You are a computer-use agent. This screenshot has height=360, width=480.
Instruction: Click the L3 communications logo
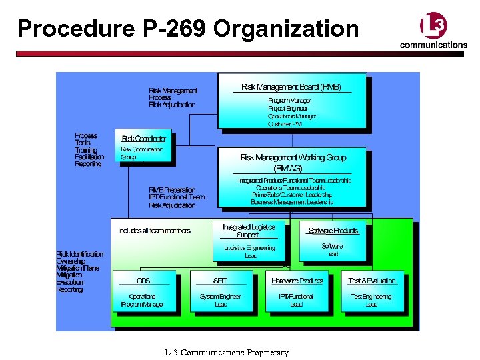coord(433,32)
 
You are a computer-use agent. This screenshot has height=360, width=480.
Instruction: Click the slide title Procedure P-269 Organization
coord(188,29)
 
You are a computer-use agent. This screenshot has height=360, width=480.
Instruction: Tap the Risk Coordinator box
coord(143,147)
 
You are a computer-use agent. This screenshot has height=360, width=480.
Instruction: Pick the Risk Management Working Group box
coord(292,176)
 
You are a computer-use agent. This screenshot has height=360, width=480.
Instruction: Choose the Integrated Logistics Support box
coord(249,241)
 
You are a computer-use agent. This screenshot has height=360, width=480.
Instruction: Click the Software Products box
coord(333,239)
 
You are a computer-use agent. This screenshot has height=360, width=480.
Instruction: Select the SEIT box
coord(220,291)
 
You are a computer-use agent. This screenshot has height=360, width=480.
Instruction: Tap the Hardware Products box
coord(297,291)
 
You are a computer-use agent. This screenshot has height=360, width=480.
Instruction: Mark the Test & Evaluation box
coord(372,291)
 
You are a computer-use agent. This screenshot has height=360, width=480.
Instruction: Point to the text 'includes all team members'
coord(155,231)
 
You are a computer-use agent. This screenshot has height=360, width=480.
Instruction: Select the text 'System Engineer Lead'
coord(220,300)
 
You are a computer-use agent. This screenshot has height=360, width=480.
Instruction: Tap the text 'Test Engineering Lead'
coord(372,300)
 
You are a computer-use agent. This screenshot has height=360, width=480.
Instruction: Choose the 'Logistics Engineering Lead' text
coord(250,251)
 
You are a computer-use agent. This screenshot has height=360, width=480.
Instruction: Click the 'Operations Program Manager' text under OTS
coord(143,300)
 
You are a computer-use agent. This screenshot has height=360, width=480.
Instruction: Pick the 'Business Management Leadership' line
coord(292,202)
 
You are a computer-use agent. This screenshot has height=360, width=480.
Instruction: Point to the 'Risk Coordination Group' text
coord(141,153)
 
